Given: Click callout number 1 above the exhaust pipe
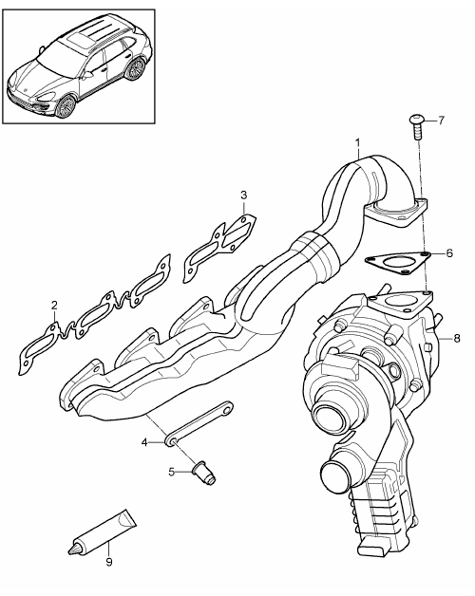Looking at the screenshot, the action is pos(357,143).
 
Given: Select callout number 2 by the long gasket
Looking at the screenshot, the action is pos(54,305).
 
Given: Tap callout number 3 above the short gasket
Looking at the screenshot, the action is pos(243,196).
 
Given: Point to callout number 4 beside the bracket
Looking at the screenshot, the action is pos(144,442).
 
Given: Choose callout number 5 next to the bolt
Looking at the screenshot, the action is pos(172,472).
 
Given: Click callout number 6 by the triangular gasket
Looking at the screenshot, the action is pos(449,252).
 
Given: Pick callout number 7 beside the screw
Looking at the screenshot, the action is pos(441,121).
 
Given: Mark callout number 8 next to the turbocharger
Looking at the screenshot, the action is pos(457,338).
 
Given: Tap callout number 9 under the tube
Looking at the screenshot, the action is pos(109,562).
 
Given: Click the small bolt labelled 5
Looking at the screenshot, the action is pos(204,473).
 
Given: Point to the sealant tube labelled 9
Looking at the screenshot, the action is pos(102,531).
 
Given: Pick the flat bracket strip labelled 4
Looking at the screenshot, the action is pos(199,423).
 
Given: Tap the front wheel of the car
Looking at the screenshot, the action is pos(66,106).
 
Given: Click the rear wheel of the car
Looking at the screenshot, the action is pos(135,70).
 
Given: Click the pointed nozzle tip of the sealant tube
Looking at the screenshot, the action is pos(69,550).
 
